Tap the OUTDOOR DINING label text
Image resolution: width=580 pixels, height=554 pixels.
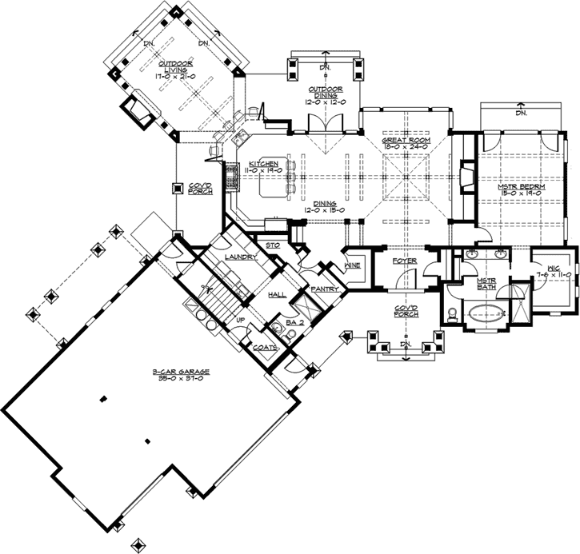325,93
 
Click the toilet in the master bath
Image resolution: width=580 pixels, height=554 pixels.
452,313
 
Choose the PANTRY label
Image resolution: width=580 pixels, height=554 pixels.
327,289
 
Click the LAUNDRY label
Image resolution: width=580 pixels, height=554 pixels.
240,257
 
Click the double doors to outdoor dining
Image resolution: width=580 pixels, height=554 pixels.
325,124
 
